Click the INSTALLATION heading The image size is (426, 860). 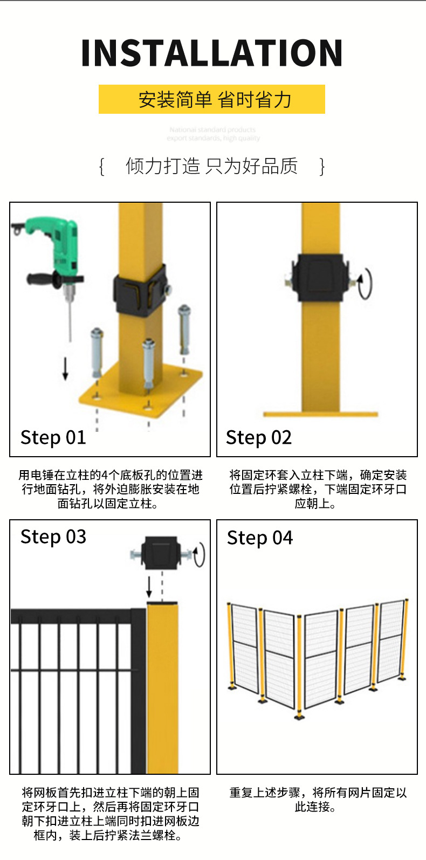pyautogui.click(x=212, y=53)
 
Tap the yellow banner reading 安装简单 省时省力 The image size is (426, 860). pyautogui.click(x=212, y=99)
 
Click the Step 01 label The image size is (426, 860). pyautogui.click(x=53, y=437)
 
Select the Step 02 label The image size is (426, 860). pyautogui.click(x=259, y=437)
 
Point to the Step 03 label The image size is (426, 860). pyautogui.click(x=53, y=537)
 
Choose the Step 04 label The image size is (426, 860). pyautogui.click(x=260, y=538)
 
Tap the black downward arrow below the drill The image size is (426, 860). pyautogui.click(x=65, y=369)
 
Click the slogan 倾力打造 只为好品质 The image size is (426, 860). pyautogui.click(x=212, y=166)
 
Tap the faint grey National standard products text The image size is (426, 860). pyautogui.click(x=212, y=134)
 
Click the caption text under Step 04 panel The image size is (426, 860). pyautogui.click(x=317, y=800)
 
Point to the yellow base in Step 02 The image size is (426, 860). pyautogui.click(x=320, y=414)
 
